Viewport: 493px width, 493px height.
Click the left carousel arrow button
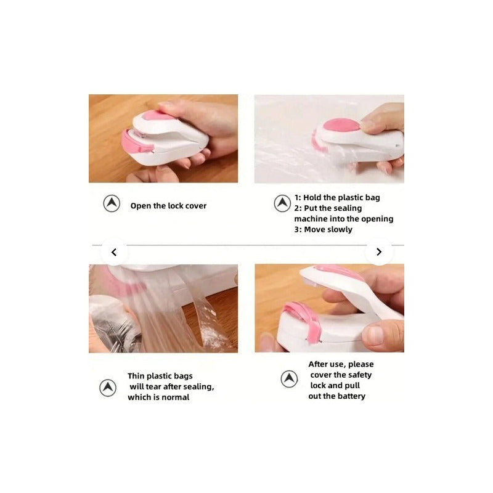click(x=114, y=252)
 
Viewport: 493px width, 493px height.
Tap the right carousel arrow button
click(x=379, y=252)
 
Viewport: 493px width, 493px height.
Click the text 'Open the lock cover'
click(x=168, y=206)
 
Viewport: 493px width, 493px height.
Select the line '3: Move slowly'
click(x=323, y=229)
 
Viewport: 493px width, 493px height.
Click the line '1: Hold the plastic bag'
click(x=337, y=197)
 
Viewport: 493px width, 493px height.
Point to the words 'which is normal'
click(x=158, y=397)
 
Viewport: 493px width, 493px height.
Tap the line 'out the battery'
click(x=336, y=396)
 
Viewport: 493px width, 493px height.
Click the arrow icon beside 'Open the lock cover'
click(x=112, y=203)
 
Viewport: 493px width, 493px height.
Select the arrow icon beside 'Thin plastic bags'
click(x=108, y=388)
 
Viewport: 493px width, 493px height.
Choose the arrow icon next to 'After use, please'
click(x=289, y=379)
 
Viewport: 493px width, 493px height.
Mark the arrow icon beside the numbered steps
click(x=282, y=203)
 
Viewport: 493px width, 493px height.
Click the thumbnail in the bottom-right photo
click(x=375, y=334)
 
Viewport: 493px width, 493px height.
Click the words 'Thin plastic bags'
click(x=160, y=376)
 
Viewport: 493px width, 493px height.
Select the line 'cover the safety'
click(x=341, y=375)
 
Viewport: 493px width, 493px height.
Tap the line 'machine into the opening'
click(x=344, y=219)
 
